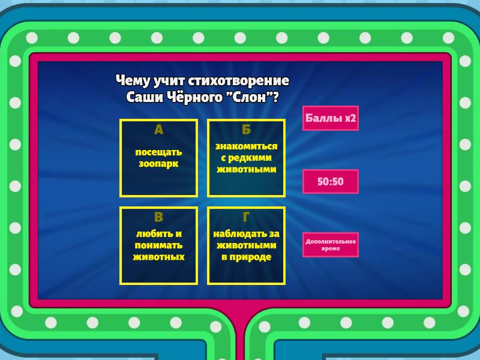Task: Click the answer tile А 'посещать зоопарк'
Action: (158, 158)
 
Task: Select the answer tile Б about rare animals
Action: (247, 158)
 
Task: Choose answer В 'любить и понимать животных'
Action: (158, 245)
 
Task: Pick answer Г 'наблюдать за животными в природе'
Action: (247, 245)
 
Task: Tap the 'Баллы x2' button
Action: (331, 118)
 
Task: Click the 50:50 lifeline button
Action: (331, 181)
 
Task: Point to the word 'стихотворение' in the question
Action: (238, 81)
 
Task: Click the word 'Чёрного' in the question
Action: (195, 98)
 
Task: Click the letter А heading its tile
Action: (158, 130)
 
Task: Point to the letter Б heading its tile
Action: (247, 130)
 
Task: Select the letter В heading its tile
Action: (158, 217)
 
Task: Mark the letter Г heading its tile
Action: (247, 217)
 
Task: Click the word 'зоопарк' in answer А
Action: (158, 164)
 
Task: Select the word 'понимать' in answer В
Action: (158, 245)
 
